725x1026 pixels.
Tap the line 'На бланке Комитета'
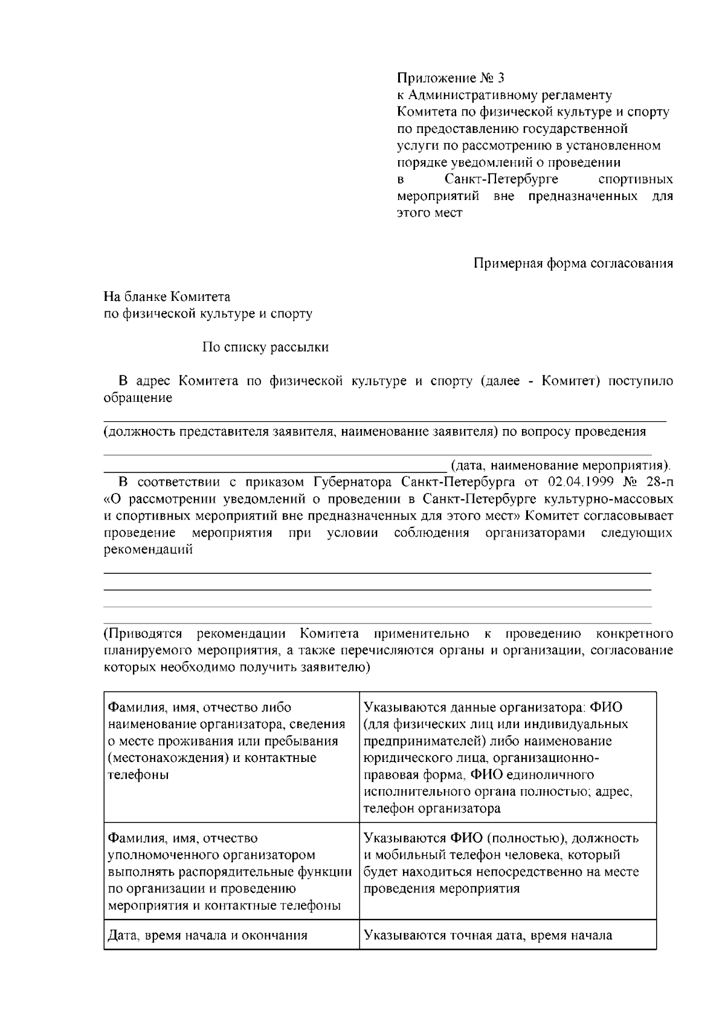click(167, 297)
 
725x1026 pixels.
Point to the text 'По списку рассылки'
click(265, 347)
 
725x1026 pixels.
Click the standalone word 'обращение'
click(138, 398)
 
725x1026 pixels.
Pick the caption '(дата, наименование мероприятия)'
click(560, 466)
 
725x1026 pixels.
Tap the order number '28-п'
click(658, 482)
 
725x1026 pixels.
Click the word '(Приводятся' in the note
click(143, 634)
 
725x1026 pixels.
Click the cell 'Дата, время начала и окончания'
click(207, 936)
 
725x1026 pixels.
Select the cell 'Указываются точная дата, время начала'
click(488, 936)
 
